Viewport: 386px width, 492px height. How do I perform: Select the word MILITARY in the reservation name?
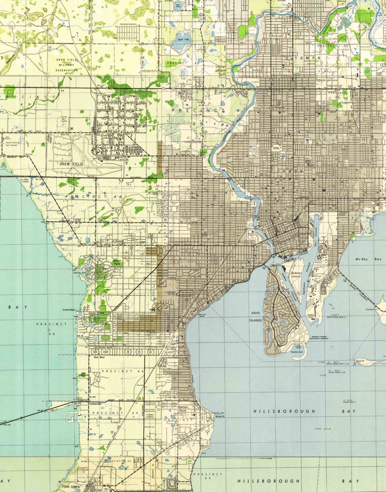click(x=67, y=65)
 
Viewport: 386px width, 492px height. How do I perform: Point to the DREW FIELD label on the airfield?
click(x=71, y=164)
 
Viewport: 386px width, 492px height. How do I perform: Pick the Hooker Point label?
click(x=311, y=316)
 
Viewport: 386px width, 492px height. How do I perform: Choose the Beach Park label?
click(x=117, y=262)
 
